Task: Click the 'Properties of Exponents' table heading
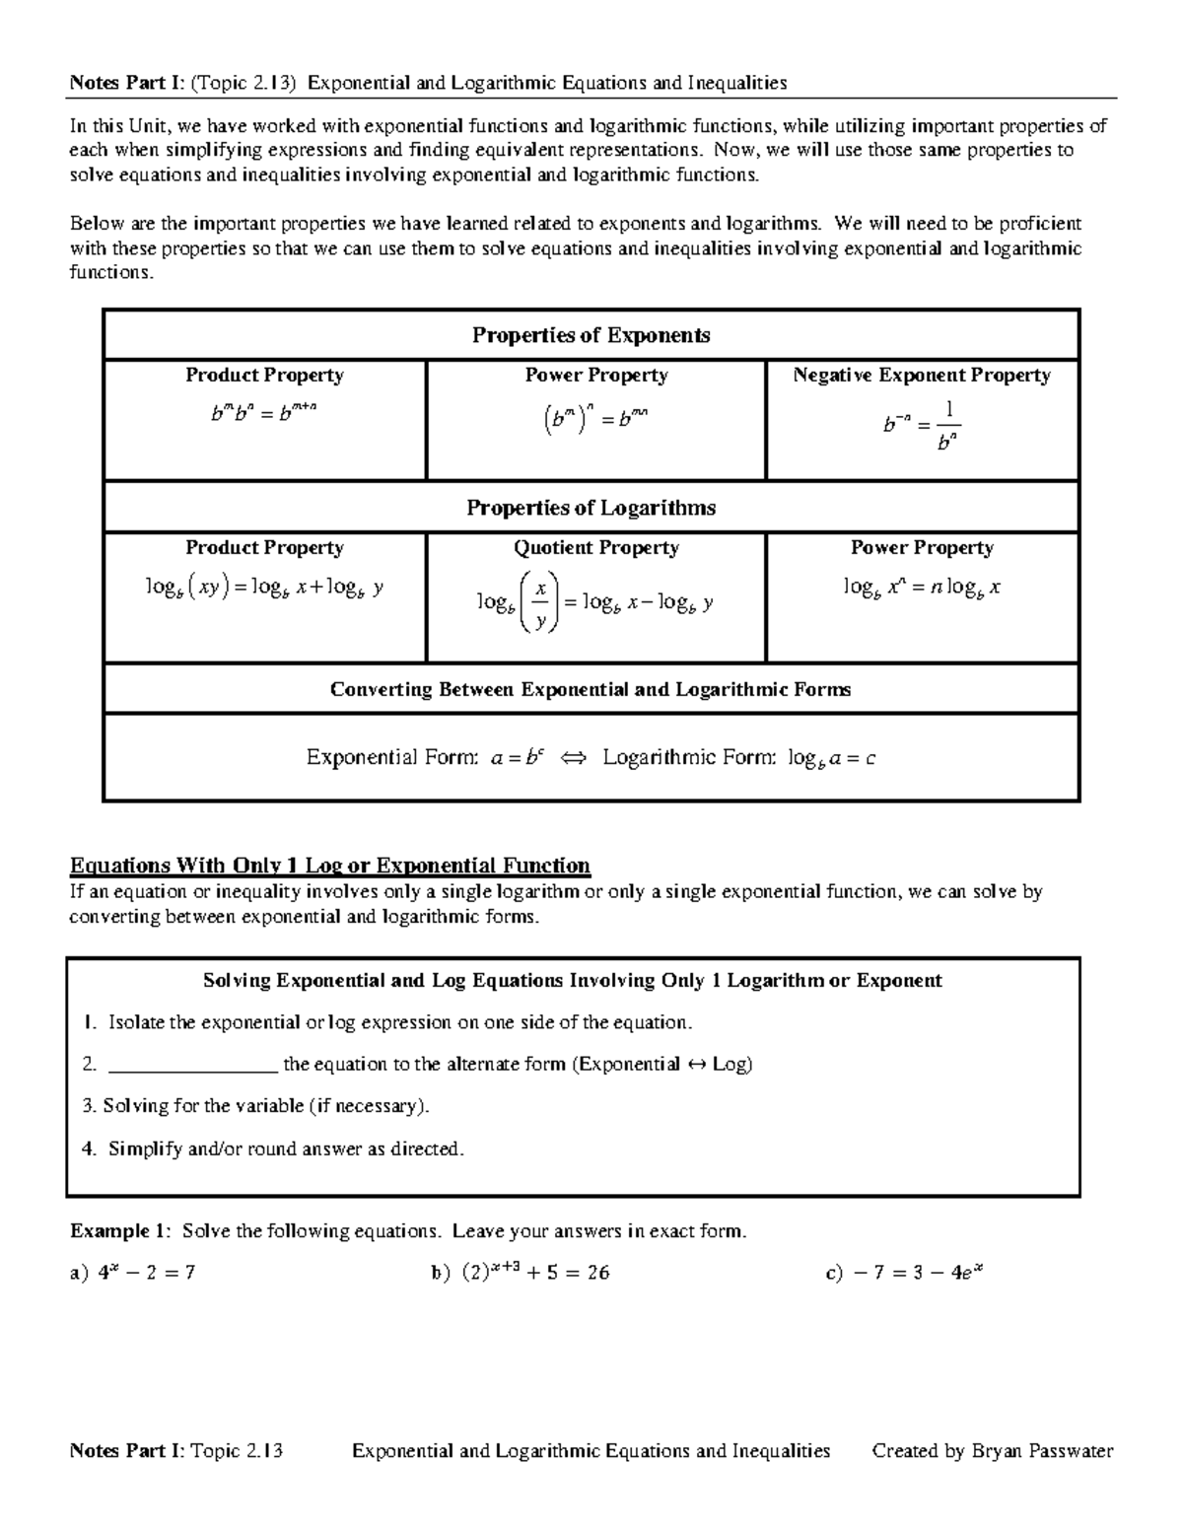click(x=591, y=335)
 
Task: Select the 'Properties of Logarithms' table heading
click(x=591, y=508)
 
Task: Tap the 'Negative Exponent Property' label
click(x=922, y=376)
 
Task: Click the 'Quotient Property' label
click(x=595, y=548)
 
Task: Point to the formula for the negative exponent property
click(x=921, y=425)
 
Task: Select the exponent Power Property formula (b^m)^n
click(x=595, y=419)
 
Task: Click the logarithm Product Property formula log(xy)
click(x=264, y=589)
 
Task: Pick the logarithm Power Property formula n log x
click(x=922, y=589)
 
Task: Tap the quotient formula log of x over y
click(x=595, y=602)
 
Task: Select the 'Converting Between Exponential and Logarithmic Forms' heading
click(x=591, y=689)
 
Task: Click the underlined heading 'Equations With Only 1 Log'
click(x=329, y=866)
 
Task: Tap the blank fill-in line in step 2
click(x=192, y=1065)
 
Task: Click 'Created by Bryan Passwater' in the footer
click(x=993, y=1450)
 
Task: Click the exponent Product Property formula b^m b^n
click(x=264, y=414)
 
